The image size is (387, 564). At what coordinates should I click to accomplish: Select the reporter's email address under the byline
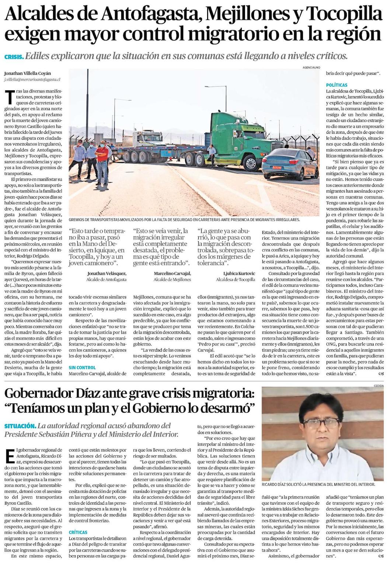(32, 79)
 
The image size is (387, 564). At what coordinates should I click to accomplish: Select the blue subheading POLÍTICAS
(337, 85)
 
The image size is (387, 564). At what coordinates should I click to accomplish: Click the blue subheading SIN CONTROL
(82, 367)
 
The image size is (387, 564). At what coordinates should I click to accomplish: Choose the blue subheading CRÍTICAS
(78, 532)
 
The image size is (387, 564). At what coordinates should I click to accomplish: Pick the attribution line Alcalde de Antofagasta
(106, 280)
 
